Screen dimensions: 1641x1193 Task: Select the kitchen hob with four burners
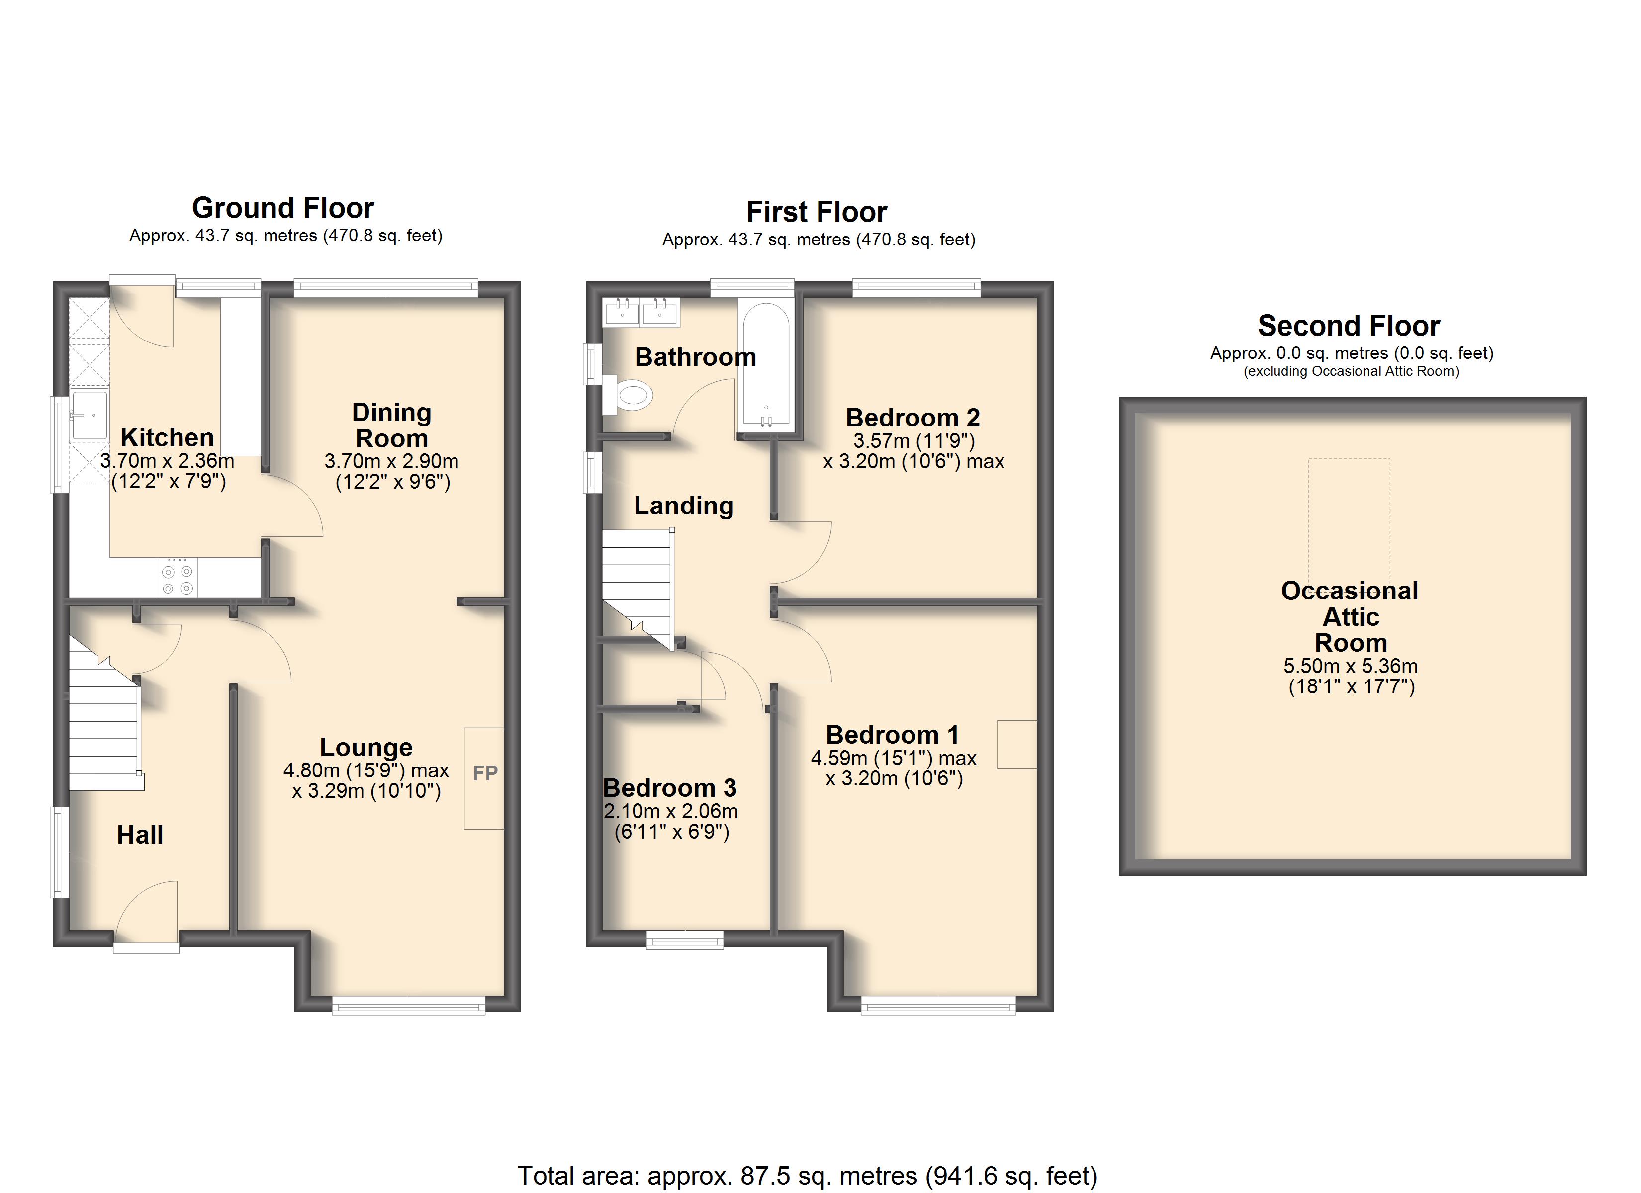[177, 577]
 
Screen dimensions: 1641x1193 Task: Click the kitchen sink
[90, 415]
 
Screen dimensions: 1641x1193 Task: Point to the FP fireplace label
[485, 773]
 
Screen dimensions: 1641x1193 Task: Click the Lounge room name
[366, 747]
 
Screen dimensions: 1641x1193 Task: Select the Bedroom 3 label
[669, 787]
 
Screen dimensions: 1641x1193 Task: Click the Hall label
[140, 835]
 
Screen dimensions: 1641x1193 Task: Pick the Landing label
[684, 506]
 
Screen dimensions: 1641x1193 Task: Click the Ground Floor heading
[283, 208]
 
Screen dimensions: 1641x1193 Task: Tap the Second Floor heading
[1349, 326]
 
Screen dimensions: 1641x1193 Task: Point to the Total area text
[808, 1176]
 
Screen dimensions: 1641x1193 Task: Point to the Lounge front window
[409, 1006]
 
